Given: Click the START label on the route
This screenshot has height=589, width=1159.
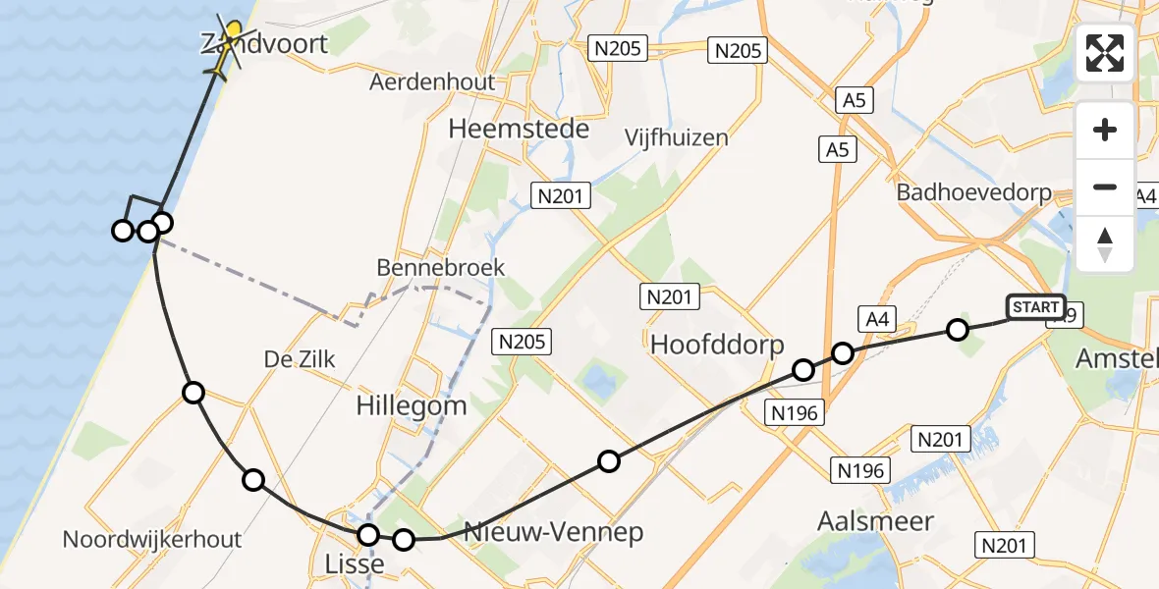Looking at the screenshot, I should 1035,308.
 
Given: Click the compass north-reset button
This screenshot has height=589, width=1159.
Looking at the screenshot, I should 1105,244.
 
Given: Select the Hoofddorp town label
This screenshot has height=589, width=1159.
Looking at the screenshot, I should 717,345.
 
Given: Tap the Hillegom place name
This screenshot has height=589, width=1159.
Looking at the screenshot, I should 412,404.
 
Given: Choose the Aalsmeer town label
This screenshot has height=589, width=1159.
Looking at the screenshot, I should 875,521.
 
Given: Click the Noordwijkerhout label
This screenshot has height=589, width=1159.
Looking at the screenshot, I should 152,539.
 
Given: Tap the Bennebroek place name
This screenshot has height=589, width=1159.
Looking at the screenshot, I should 441,267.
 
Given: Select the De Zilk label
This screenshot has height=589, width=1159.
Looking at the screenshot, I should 300,360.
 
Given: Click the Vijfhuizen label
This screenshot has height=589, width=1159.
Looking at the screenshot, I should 677,137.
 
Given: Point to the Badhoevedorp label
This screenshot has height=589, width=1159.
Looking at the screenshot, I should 973,193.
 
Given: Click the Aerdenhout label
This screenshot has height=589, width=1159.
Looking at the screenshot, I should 432,82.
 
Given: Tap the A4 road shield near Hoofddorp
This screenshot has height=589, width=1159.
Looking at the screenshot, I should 876,318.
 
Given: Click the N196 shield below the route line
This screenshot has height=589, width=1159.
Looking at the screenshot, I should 795,413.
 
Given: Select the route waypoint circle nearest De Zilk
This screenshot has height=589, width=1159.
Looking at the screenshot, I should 193,393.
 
